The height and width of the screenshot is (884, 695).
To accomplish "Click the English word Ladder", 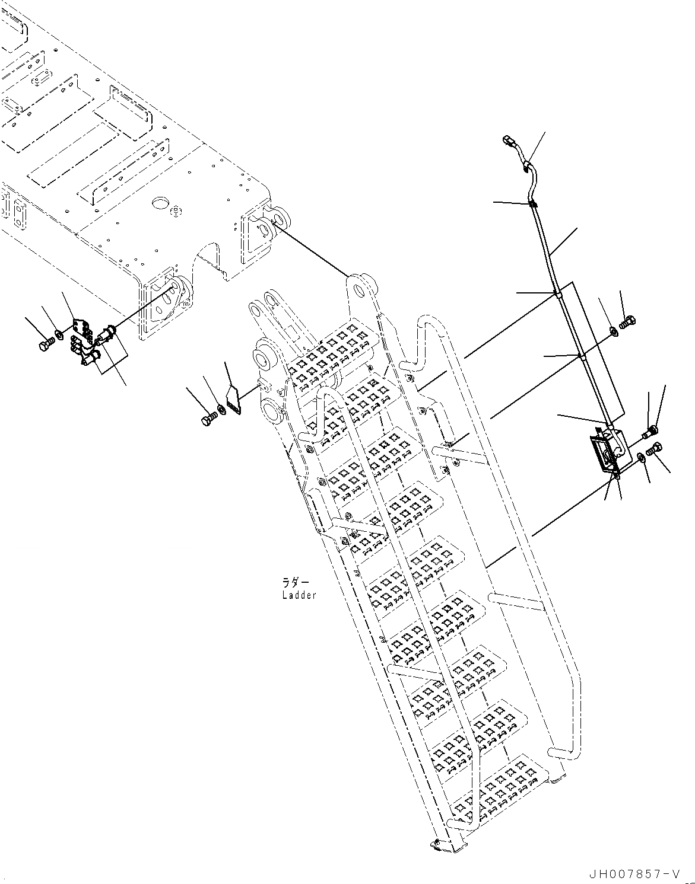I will coord(299,595).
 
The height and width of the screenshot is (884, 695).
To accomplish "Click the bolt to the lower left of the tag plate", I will coord(208,419).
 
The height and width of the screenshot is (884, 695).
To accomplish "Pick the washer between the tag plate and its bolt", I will coord(221,408).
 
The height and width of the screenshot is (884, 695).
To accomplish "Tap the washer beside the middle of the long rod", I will coord(614,331).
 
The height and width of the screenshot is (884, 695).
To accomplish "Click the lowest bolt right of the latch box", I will coord(655,450).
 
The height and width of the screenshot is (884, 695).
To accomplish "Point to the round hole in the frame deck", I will coord(160,203).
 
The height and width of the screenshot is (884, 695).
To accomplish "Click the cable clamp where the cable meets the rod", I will coord(532,205).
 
